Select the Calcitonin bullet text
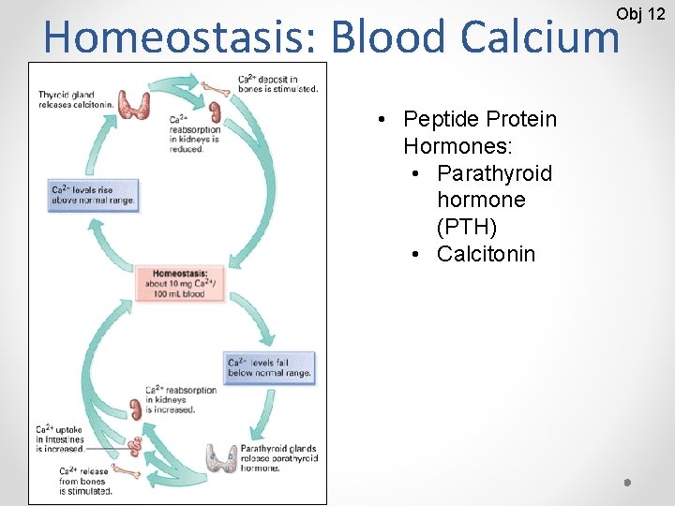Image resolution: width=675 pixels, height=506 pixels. pos(486,254)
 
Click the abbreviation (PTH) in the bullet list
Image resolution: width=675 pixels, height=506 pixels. pos(466,227)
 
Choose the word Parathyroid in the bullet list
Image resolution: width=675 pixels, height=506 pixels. pos(494,173)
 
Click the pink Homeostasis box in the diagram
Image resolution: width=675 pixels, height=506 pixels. pos(183,283)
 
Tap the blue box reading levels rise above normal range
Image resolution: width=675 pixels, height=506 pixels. pos(94,195)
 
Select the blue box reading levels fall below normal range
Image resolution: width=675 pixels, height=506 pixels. pos(269,367)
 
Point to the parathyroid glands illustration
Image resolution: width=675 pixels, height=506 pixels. pos(221,456)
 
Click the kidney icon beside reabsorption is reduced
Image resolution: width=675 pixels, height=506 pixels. pos(214,112)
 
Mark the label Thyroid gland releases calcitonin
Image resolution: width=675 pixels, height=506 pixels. pos(75,99)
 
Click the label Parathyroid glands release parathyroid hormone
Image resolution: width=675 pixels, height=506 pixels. pos(278,458)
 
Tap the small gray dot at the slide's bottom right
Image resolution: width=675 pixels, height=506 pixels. pos(627,482)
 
